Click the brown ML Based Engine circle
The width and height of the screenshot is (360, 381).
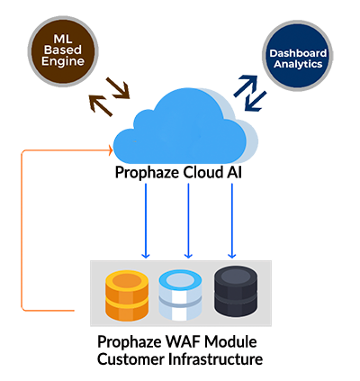tap(63, 51)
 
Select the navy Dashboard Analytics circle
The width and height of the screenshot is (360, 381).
tap(298, 56)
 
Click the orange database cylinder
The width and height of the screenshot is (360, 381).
tap(127, 295)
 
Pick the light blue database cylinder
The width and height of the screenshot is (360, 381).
tap(180, 295)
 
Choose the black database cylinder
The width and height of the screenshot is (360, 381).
tap(236, 291)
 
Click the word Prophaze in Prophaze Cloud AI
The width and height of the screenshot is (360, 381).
tap(147, 173)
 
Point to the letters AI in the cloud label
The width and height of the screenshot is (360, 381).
tap(234, 173)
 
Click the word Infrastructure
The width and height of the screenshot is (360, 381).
tap(216, 359)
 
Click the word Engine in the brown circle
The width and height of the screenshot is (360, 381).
tap(63, 61)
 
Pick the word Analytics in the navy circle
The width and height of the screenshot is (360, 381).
tap(298, 64)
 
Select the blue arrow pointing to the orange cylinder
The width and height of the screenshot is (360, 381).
tap(146, 221)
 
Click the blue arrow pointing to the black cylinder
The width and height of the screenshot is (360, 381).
tap(231, 221)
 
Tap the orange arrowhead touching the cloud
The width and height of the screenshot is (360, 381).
tap(111, 150)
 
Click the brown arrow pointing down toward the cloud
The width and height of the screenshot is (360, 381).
tap(118, 88)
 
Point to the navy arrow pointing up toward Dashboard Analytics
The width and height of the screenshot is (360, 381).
tap(246, 86)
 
